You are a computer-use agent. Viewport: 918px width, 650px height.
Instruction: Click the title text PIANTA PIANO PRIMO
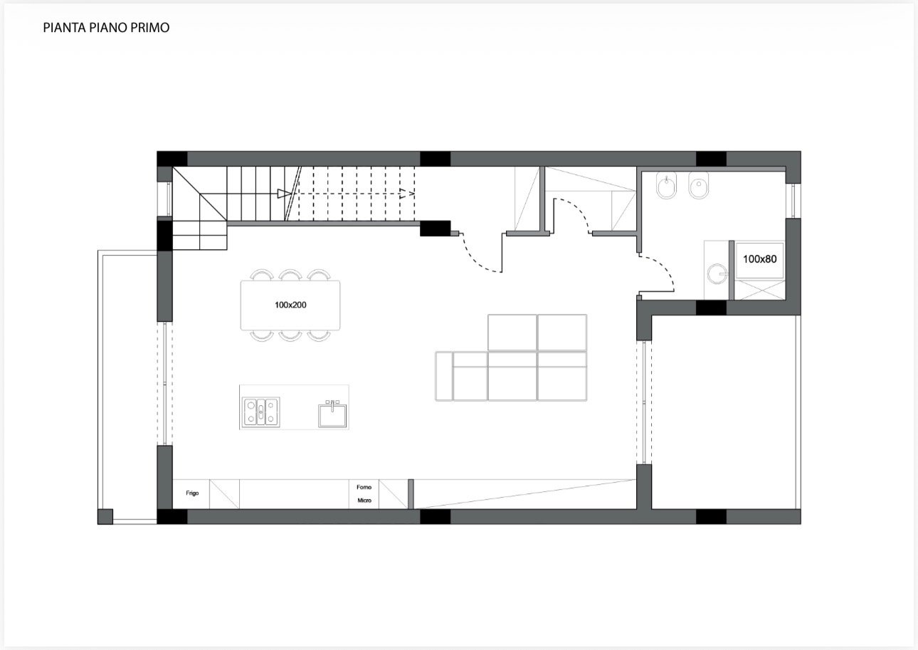tap(106, 28)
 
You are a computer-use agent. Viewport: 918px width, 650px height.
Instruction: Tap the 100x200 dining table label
tap(290, 305)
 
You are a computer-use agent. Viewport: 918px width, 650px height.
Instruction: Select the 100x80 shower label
tap(759, 258)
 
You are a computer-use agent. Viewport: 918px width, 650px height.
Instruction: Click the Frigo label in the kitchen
tap(192, 493)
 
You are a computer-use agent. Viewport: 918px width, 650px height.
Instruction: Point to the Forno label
tap(364, 487)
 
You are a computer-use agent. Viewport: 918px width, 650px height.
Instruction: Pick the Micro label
tap(364, 500)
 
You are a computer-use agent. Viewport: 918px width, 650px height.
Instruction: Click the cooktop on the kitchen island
tap(260, 412)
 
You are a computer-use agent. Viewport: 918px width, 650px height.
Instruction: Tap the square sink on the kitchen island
tap(332, 414)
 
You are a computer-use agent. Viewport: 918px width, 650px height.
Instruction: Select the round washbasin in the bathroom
tap(717, 273)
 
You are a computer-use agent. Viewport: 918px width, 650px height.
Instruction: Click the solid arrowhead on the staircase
tap(284, 193)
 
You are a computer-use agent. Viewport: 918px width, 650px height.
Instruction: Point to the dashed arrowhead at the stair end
tap(407, 193)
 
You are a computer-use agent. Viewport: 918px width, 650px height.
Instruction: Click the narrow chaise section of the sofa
tap(444, 376)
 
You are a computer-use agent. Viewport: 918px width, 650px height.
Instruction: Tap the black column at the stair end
tap(436, 229)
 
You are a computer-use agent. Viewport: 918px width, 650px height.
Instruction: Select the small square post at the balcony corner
tap(105, 516)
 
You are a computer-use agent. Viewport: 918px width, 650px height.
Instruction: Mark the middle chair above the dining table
tap(290, 275)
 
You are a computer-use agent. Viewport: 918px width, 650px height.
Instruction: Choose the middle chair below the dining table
tap(290, 335)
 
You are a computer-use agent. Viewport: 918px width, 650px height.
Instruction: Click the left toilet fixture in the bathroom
tap(666, 185)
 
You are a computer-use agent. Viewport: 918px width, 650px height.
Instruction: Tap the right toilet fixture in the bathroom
tap(698, 185)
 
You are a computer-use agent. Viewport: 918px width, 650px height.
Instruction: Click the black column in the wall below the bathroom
tap(711, 308)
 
